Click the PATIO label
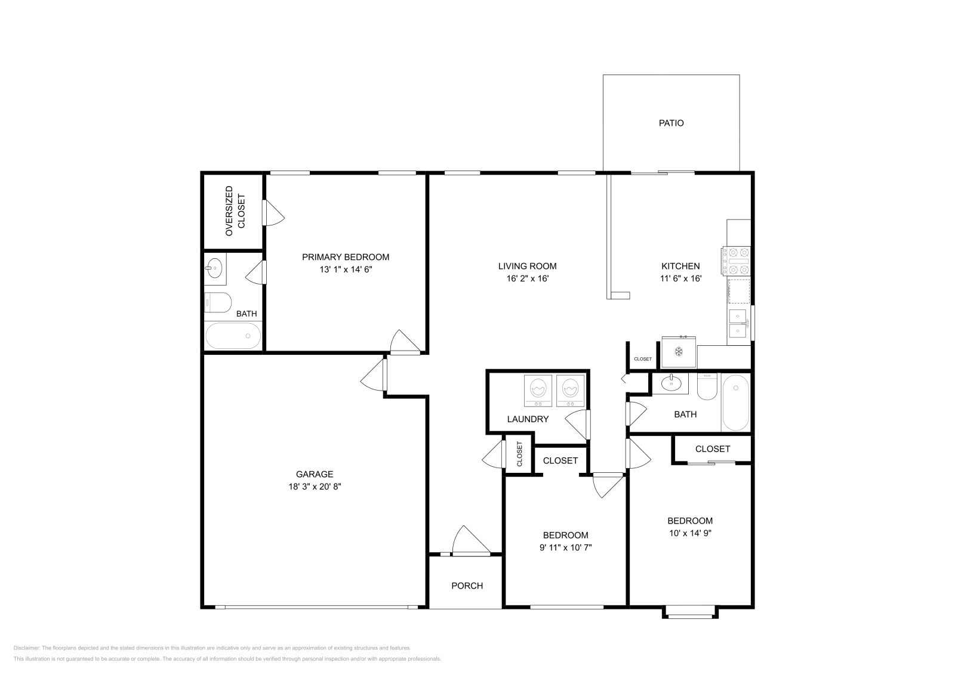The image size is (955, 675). click(671, 123)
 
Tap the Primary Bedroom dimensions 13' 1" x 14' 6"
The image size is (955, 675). click(346, 270)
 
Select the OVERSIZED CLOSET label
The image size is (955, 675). click(235, 211)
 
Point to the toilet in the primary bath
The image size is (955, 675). click(218, 303)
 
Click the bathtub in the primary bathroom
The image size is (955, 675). click(233, 336)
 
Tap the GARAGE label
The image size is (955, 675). click(315, 475)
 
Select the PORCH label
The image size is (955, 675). click(467, 586)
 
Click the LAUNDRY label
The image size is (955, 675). click(528, 419)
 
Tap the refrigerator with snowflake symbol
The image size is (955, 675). click(679, 352)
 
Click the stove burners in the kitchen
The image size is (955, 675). click(736, 261)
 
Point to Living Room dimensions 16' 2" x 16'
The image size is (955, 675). click(527, 278)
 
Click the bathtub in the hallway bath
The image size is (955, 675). click(735, 402)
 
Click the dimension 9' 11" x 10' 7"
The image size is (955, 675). click(565, 547)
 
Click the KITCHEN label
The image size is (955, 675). click(680, 266)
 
